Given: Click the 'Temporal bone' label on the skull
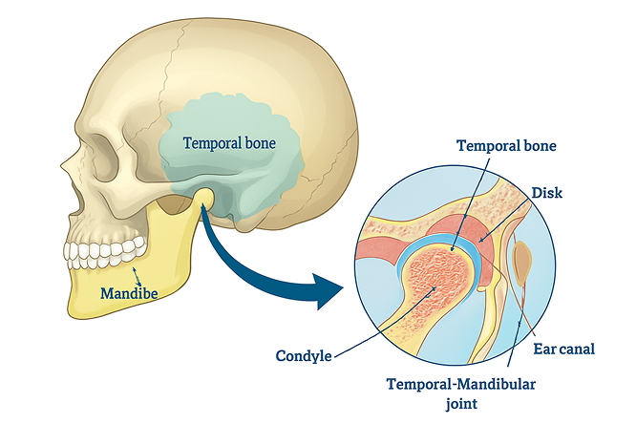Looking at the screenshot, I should point(229,143).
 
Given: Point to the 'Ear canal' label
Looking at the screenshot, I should point(566,350).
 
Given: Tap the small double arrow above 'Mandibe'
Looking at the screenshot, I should point(138,276).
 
